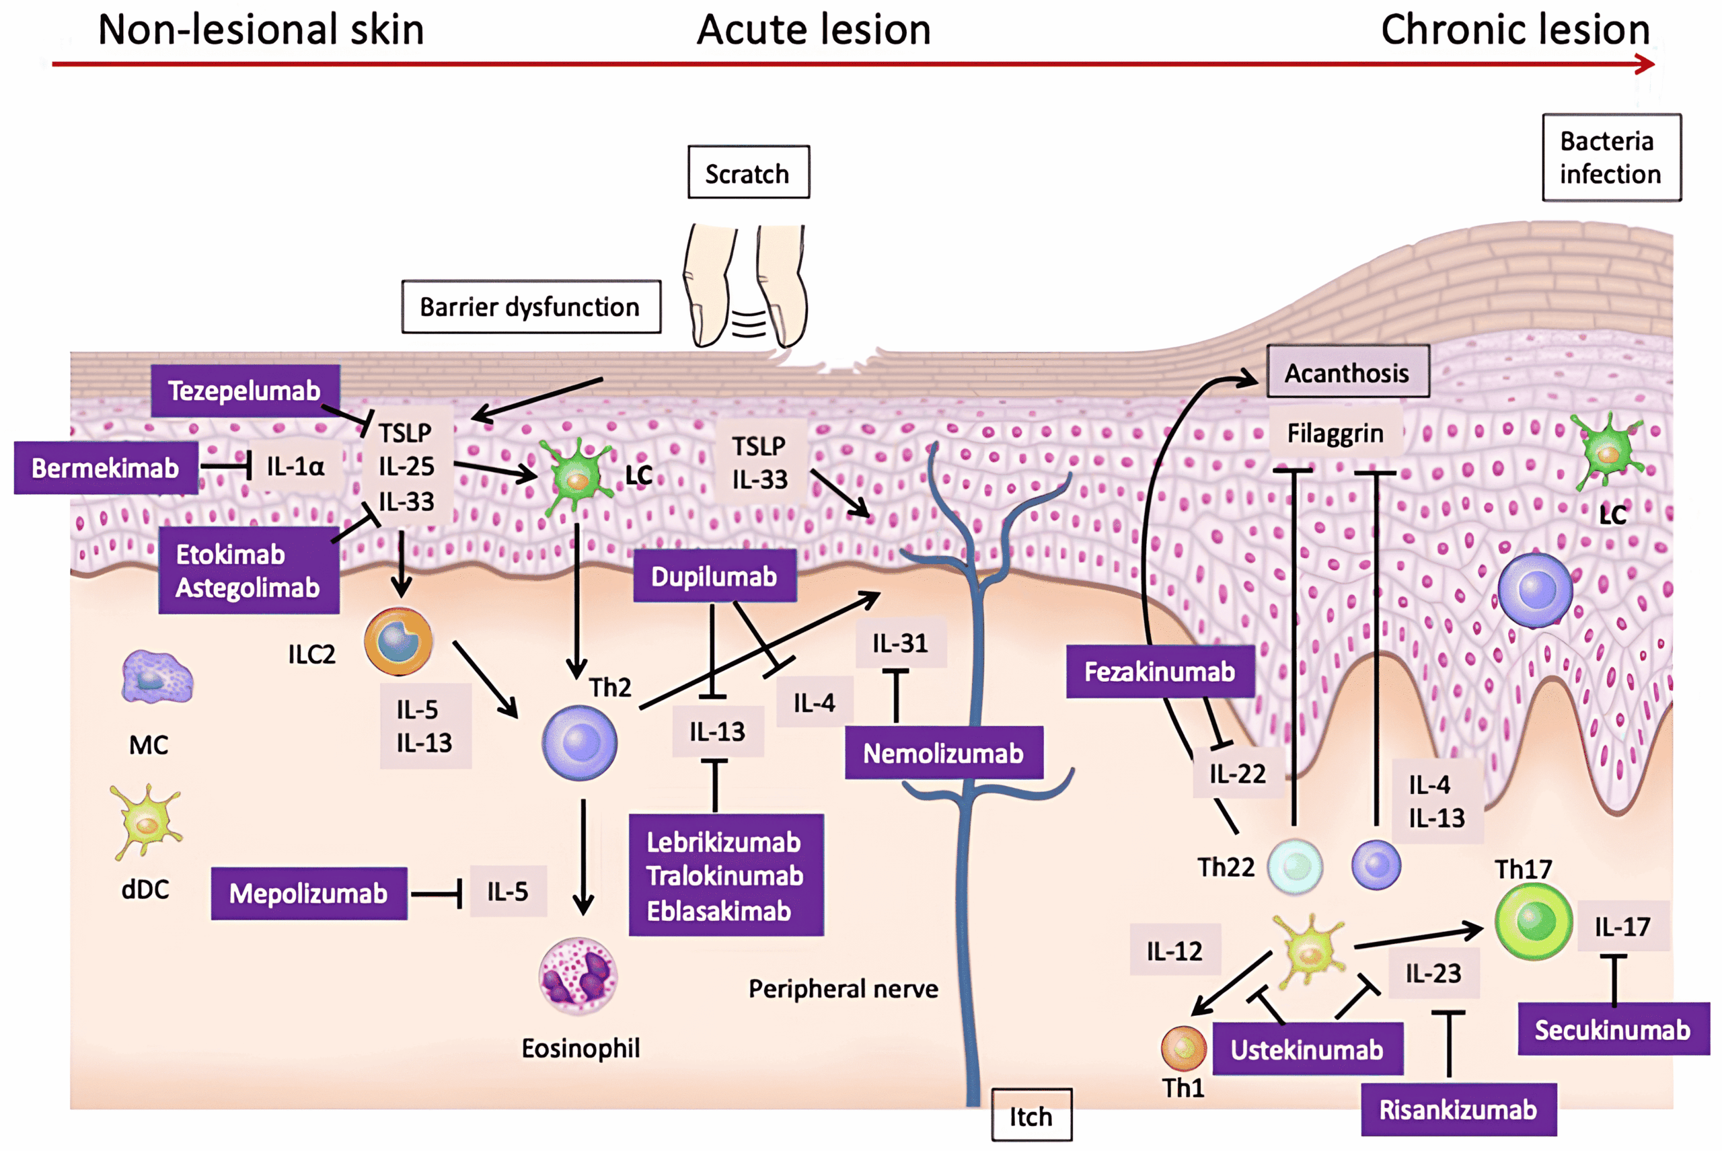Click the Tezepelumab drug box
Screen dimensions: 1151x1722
pos(245,391)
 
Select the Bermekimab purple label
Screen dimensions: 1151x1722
pos(105,468)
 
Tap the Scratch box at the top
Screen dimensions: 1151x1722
pos(747,173)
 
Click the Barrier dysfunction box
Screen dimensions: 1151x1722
pos(530,307)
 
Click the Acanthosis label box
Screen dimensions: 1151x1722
pos(1347,372)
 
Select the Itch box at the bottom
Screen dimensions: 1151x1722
pos(1031,1116)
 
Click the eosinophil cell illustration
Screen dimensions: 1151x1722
pos(578,976)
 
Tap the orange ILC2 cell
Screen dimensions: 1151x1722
pos(398,641)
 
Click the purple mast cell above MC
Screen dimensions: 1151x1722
pos(157,677)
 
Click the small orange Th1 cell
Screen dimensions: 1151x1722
pos(1183,1047)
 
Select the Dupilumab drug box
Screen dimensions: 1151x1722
pos(714,576)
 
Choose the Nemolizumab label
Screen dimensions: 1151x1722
pos(943,753)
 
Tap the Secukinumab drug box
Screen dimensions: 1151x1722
pos(1612,1029)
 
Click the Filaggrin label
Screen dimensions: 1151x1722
pos(1335,433)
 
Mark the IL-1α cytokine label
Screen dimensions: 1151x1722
pos(295,466)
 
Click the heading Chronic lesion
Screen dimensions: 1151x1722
pos(1514,31)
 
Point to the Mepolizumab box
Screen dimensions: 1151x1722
pos(309,894)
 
